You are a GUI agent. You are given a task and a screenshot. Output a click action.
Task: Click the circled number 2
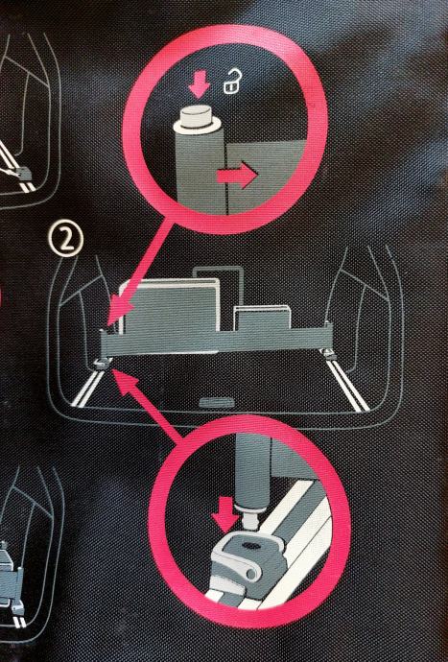coord(66,240)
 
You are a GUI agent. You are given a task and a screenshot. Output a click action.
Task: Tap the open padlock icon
coord(233,82)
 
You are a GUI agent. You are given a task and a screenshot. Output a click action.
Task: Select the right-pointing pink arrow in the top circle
coord(236,175)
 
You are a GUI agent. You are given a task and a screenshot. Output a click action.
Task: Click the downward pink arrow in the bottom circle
coord(225,514)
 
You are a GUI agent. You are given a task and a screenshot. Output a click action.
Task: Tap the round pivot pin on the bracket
coord(251,574)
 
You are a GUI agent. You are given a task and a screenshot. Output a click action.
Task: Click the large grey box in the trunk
coord(170,306)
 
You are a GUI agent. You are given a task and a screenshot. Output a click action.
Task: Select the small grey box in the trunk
coord(262,319)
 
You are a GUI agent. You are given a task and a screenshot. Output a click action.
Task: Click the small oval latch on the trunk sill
coord(216,401)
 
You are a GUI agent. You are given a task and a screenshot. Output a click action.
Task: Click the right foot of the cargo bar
coord(329,354)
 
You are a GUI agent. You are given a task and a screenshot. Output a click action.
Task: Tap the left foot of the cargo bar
coord(103,363)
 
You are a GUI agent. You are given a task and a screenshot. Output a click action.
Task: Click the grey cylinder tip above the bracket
coord(251,516)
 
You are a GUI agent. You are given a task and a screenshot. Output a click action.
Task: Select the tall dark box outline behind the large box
coord(219,292)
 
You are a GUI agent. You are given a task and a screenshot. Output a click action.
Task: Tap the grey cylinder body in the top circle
coord(200,170)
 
